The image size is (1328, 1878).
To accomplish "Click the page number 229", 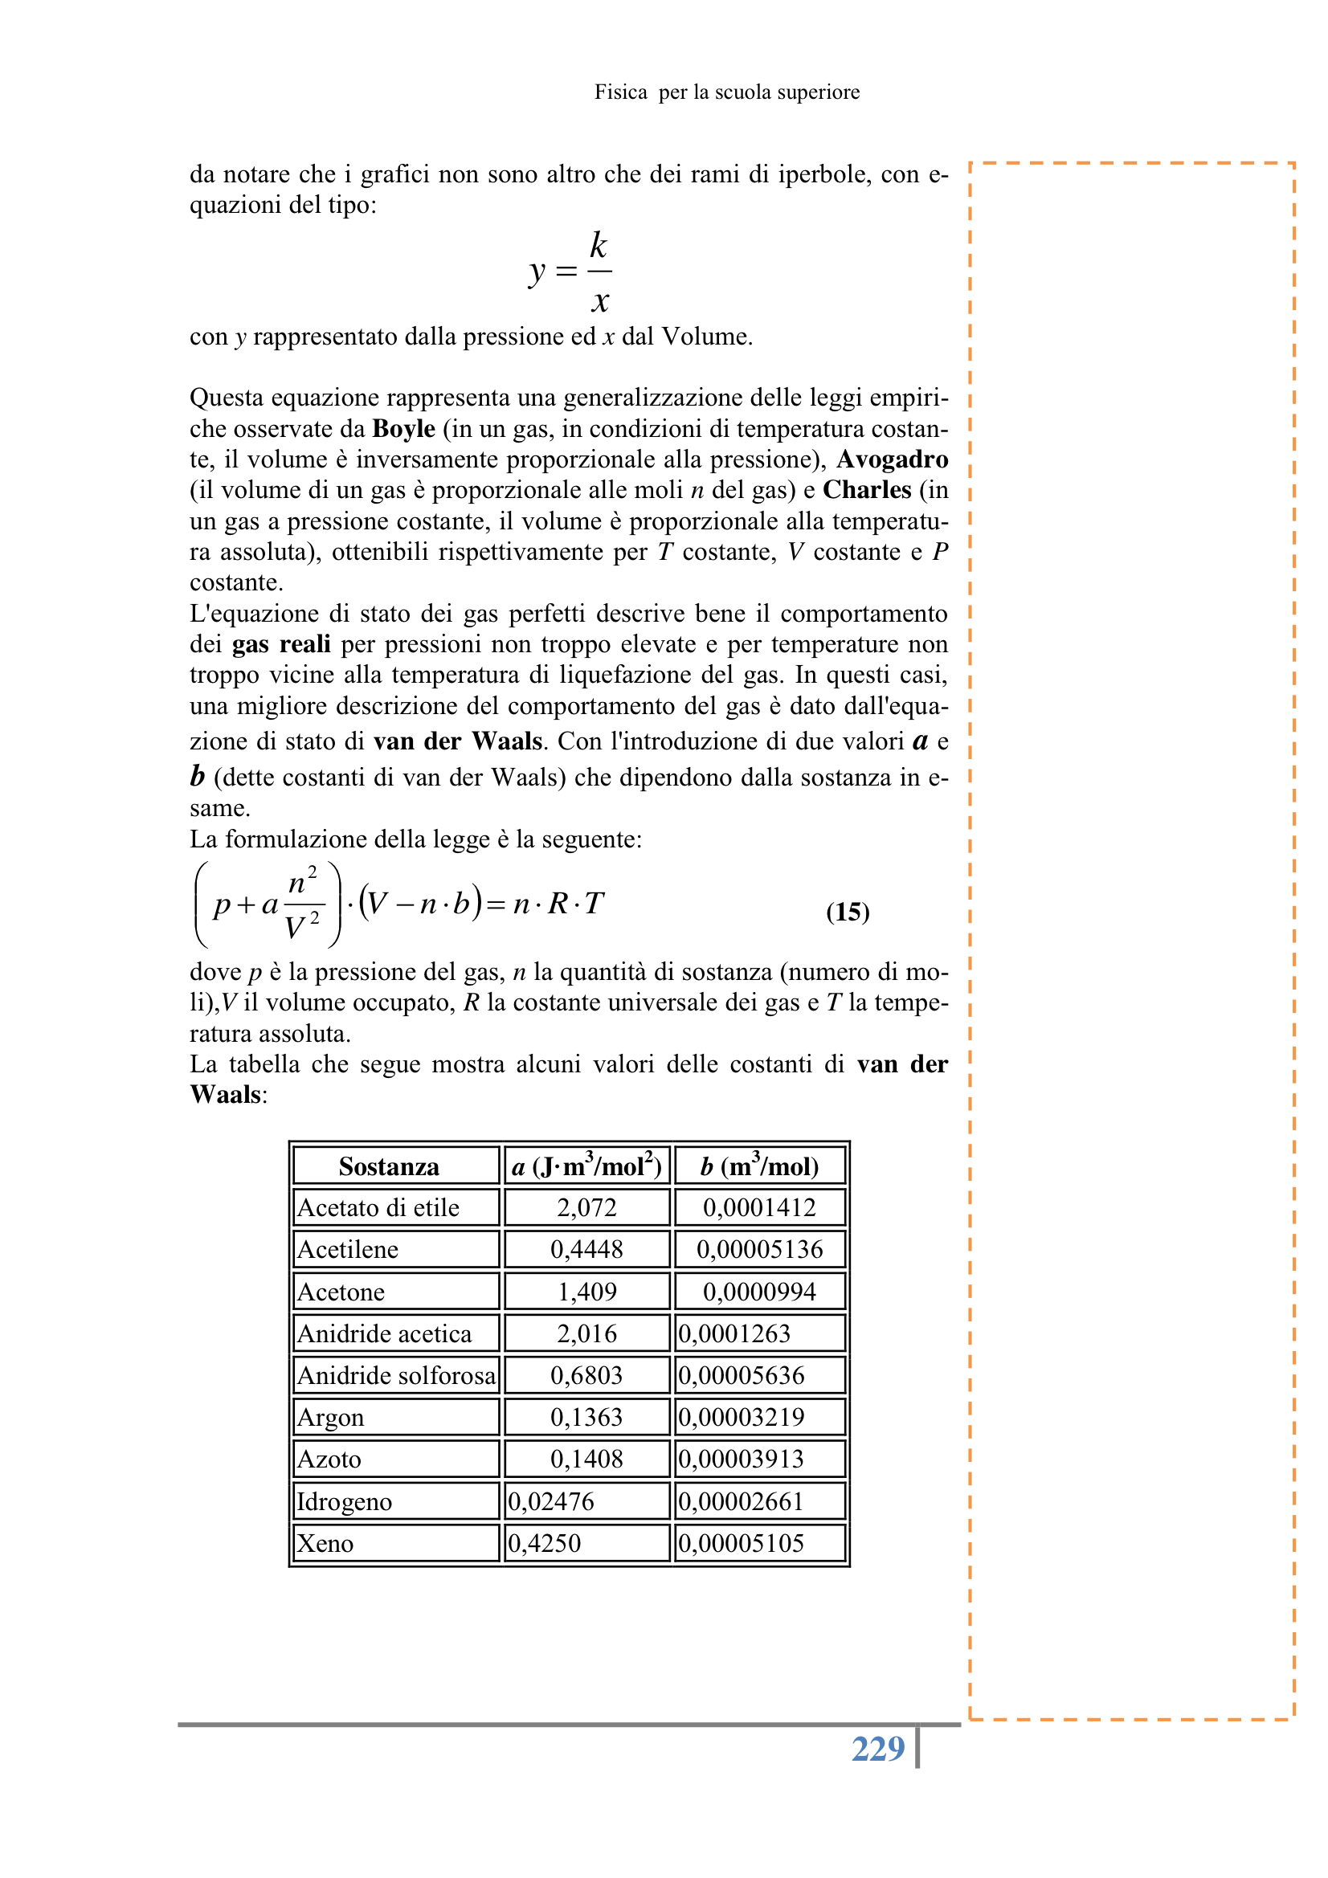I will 877,1749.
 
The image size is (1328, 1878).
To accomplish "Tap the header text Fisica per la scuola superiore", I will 726,92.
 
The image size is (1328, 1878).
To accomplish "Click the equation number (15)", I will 847,911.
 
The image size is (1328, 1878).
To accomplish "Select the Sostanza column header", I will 389,1166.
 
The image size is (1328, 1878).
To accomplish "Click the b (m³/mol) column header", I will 759,1166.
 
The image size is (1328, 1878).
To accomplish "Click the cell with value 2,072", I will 586,1208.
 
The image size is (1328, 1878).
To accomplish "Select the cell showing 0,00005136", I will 759,1250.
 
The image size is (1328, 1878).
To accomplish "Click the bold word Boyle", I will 403,429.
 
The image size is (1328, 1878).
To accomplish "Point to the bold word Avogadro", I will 892,459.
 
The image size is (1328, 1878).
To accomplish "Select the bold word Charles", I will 867,490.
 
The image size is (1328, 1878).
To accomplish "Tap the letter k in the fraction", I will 599,245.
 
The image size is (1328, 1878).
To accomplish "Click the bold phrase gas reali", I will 281,644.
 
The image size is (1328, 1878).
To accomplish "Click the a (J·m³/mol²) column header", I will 586,1166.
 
